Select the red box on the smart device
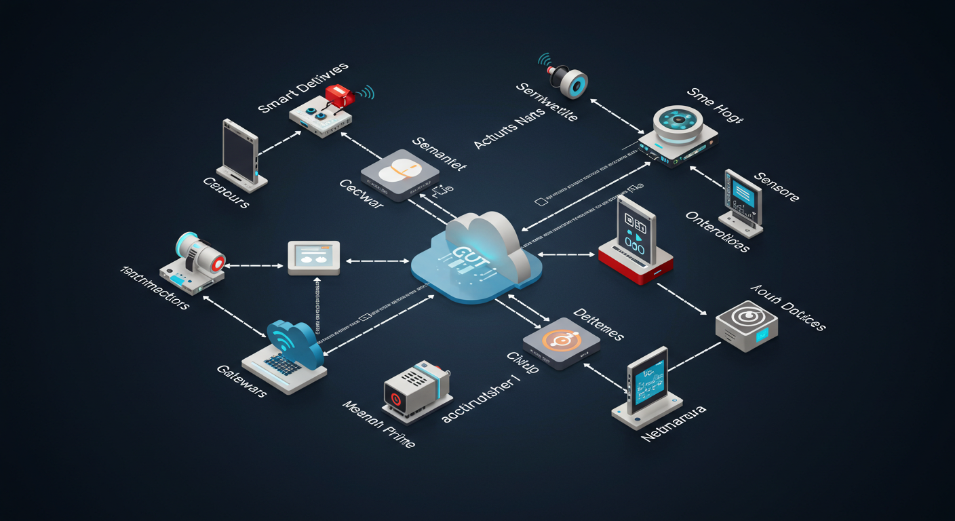339,95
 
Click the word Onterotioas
718,231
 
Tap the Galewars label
241,381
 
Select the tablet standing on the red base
636,232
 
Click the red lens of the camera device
216,263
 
